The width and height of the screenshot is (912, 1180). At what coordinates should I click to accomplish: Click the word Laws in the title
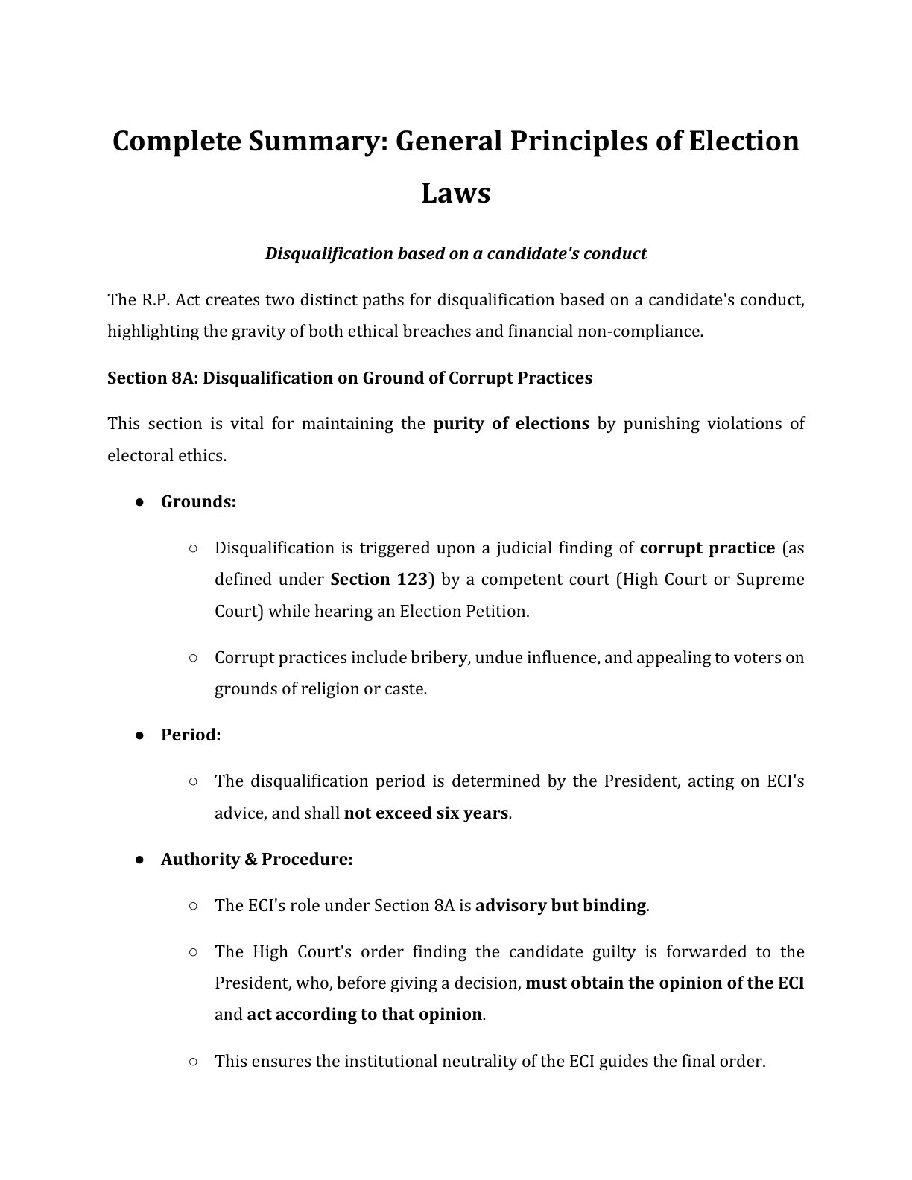click(x=455, y=193)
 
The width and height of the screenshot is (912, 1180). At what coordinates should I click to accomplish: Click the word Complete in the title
click(x=173, y=141)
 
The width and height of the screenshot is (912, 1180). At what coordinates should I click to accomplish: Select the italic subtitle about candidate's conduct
click(x=455, y=253)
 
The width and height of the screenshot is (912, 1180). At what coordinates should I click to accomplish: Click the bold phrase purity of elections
click(x=511, y=424)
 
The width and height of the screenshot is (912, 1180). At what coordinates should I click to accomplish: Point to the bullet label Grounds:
click(x=198, y=501)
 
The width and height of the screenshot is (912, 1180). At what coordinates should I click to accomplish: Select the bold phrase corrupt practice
click(x=707, y=548)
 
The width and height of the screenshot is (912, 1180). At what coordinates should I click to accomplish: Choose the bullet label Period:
click(x=191, y=735)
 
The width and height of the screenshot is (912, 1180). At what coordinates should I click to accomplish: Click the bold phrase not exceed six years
click(x=425, y=813)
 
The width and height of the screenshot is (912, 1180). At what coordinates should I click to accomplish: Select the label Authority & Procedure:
click(x=256, y=859)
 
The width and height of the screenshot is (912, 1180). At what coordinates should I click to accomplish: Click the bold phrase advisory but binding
click(x=560, y=905)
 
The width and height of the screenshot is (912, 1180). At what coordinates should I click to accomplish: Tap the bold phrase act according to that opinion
click(x=364, y=1014)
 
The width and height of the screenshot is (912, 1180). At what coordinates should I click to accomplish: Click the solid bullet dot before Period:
click(x=139, y=735)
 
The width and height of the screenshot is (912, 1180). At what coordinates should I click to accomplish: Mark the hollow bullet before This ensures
click(x=193, y=1061)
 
